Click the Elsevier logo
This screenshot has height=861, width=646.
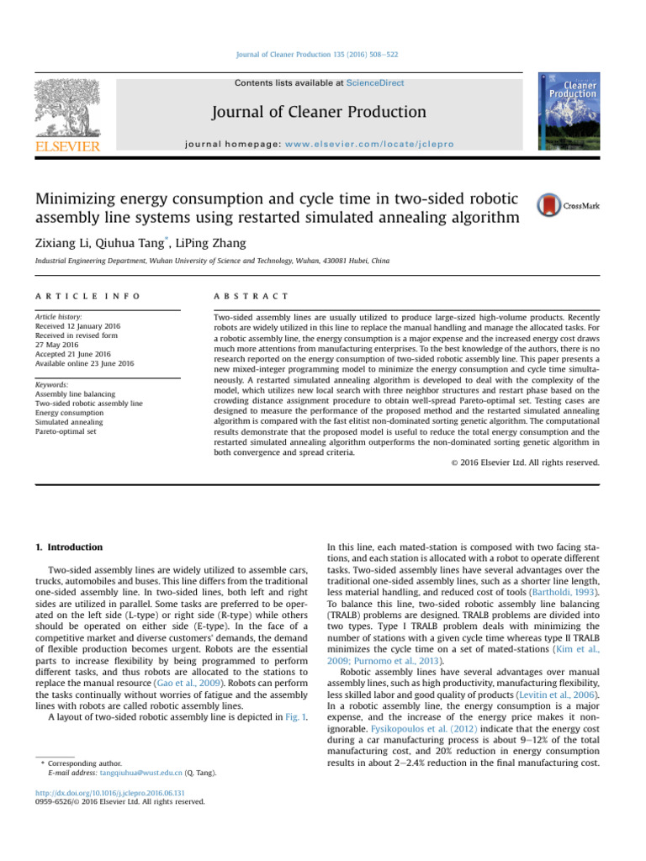pos(66,115)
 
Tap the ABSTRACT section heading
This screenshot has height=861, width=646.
pos(252,297)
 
